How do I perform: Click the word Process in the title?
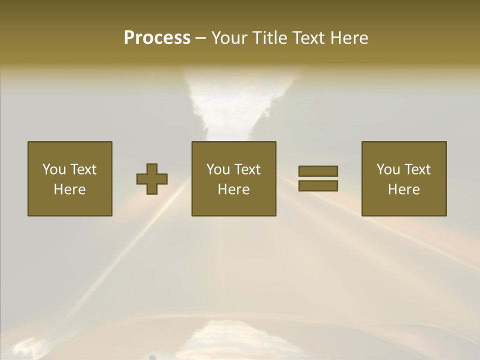157,38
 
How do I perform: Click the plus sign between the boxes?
152,179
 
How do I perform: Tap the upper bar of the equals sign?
318,171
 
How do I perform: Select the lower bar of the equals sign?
318,186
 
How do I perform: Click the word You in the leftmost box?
54,169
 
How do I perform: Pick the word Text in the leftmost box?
83,169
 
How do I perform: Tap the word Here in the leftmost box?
69,189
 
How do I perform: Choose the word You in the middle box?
218,169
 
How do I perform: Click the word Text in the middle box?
247,169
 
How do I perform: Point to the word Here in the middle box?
233,189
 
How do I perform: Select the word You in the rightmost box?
388,169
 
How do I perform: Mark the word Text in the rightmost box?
417,169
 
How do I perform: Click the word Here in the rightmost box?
403,189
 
